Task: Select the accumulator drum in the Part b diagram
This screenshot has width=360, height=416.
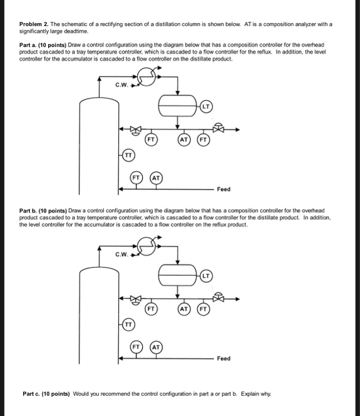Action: [x=178, y=276]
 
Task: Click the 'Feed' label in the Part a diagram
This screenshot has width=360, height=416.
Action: [x=223, y=190]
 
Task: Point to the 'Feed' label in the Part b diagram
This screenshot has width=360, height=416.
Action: [x=223, y=359]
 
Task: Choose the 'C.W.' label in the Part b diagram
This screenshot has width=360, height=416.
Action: [x=122, y=256]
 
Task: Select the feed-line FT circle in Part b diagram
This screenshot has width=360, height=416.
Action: [x=137, y=346]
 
